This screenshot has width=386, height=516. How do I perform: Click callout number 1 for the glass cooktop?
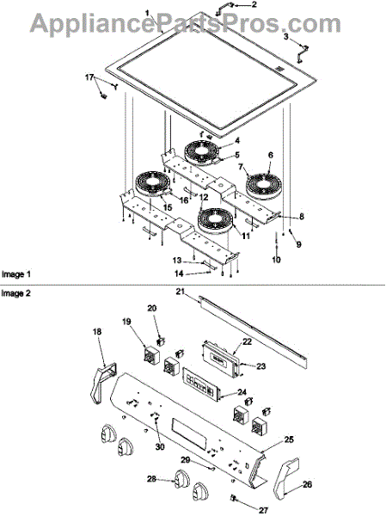(147, 14)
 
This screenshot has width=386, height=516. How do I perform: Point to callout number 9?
(298, 244)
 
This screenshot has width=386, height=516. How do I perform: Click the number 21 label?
(180, 292)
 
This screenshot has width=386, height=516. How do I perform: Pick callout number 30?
(160, 447)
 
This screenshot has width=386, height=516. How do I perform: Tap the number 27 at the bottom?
(263, 510)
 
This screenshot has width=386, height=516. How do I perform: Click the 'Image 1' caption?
(15, 274)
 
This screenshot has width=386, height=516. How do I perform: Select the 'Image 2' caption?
(15, 293)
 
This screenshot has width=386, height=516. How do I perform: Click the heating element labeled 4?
(201, 152)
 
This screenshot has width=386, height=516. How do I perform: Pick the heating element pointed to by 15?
(153, 184)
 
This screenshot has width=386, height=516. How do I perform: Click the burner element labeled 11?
(216, 220)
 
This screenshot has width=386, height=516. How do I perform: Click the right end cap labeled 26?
(285, 476)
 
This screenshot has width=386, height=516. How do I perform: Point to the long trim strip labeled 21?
(254, 329)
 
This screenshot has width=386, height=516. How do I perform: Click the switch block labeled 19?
(151, 354)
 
